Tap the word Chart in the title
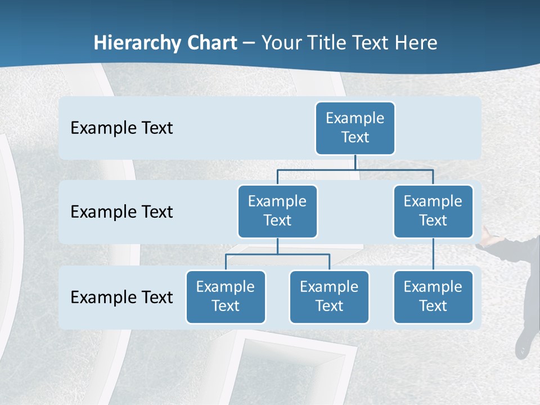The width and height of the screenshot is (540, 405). tap(212, 43)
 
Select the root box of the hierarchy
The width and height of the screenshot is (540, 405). tap(355, 128)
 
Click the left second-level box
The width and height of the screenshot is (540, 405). tap(277, 211)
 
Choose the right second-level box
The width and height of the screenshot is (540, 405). tap(433, 211)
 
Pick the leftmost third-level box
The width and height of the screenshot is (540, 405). tap(226, 297)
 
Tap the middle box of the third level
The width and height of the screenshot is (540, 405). tap(329, 297)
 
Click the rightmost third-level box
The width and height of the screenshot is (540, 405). tap(433, 297)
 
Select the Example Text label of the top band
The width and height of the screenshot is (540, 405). tap(121, 128)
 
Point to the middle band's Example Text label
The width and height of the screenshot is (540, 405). tap(121, 212)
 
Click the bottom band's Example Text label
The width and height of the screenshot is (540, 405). tap(121, 297)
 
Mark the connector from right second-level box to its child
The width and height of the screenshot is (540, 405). tap(433, 254)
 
